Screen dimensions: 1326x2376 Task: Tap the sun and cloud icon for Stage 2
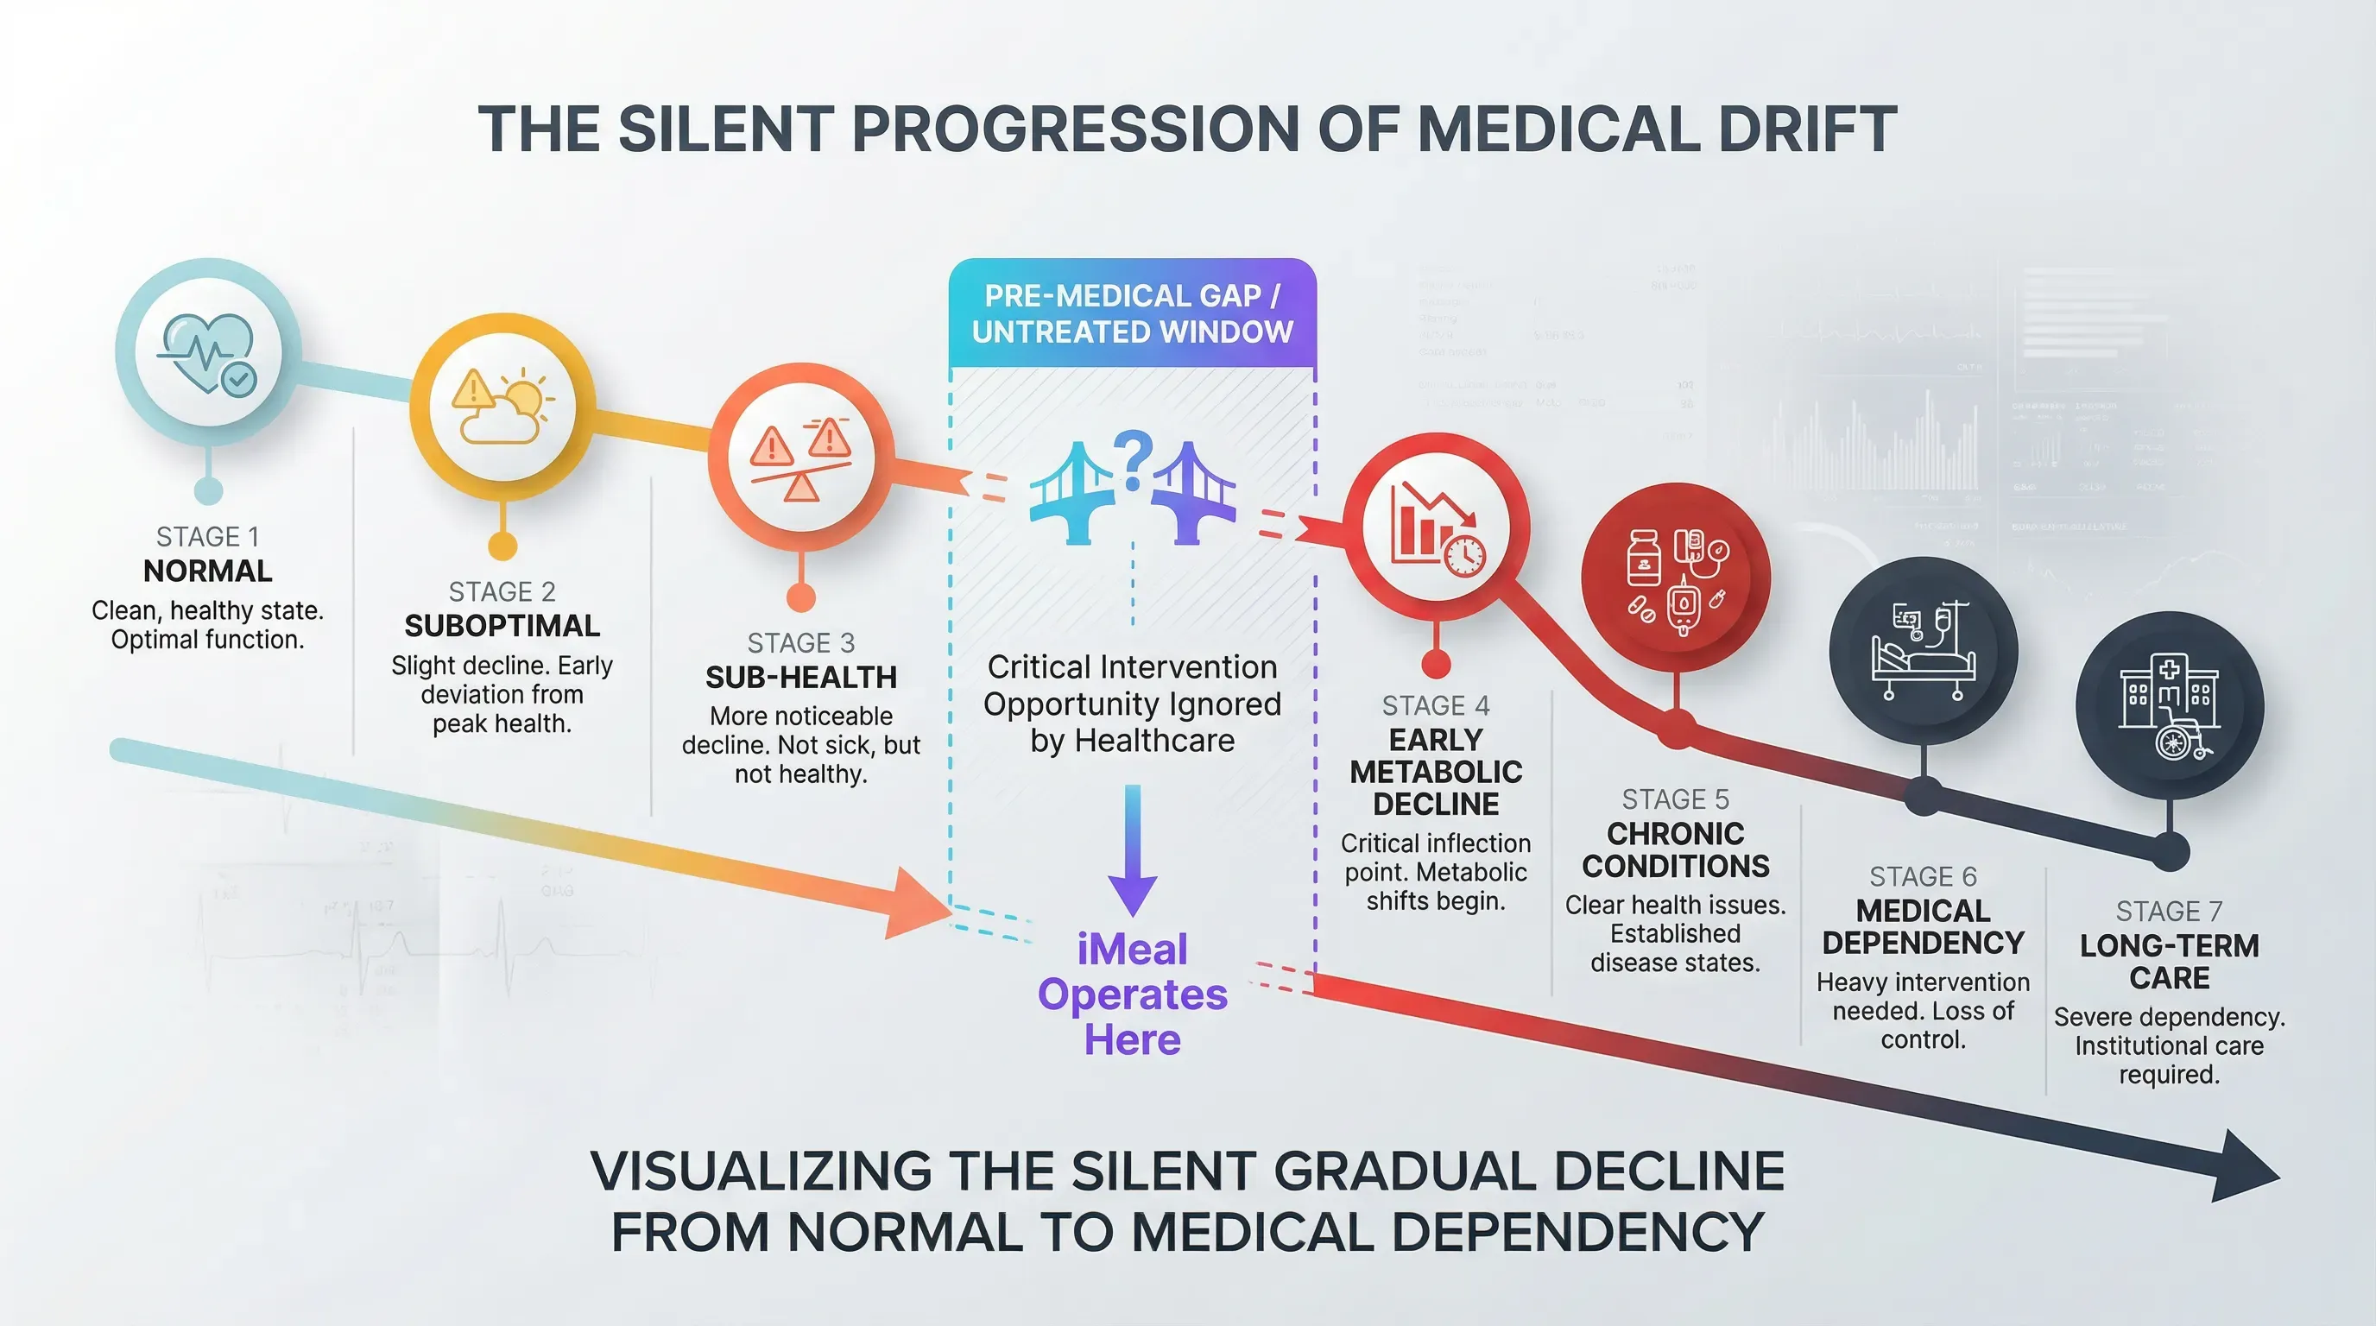(502, 407)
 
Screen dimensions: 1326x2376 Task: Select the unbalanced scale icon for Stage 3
(800, 458)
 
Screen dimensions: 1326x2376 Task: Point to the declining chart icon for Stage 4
(1435, 528)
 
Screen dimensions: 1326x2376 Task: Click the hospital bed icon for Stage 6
(1923, 652)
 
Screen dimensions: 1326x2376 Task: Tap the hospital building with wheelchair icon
(2169, 707)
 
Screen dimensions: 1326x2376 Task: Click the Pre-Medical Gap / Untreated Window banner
(1133, 313)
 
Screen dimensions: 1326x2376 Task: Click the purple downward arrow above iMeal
(1133, 849)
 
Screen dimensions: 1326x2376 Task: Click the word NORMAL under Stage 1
(207, 571)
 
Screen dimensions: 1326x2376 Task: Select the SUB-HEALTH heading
(800, 678)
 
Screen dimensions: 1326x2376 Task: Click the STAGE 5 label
(1675, 799)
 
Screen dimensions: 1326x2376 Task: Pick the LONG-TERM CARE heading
(2169, 961)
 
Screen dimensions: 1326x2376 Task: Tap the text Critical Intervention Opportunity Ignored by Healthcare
(1133, 704)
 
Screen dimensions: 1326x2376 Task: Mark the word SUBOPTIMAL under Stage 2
(502, 626)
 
